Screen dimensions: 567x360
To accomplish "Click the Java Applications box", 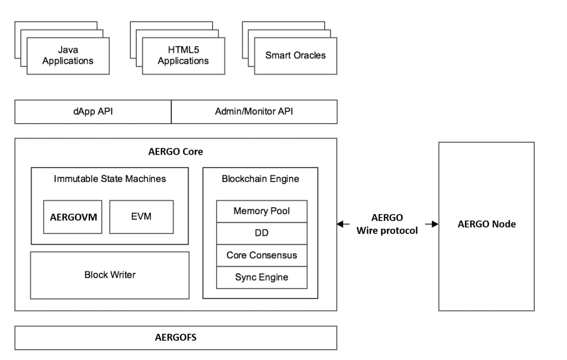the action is (x=68, y=56).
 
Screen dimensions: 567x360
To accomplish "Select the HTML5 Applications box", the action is (x=184, y=56).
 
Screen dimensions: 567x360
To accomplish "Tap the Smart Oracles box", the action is (x=296, y=56).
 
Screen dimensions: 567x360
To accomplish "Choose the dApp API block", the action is (x=93, y=112).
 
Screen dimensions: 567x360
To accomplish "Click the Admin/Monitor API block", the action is (x=254, y=112).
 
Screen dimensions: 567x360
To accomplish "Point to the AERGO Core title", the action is (x=176, y=152).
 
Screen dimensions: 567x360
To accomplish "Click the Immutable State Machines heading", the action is (x=110, y=179).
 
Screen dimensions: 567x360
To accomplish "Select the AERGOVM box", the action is (x=73, y=217).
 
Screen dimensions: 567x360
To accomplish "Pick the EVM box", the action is (x=142, y=217).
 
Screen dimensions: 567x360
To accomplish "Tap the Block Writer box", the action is (x=110, y=275).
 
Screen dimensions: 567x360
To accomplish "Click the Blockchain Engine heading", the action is (x=261, y=179).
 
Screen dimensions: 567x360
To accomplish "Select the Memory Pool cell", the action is (x=262, y=211).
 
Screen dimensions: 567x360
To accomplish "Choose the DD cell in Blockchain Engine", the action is (x=262, y=233).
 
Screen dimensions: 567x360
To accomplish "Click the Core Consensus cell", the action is (x=262, y=255).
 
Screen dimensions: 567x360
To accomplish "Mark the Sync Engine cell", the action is (x=262, y=277).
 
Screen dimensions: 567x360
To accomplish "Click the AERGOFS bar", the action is (x=176, y=337).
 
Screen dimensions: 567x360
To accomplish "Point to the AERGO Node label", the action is (x=486, y=224).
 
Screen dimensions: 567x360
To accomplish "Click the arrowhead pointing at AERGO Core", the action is (x=340, y=224).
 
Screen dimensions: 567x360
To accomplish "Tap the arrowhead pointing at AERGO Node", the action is (x=435, y=224).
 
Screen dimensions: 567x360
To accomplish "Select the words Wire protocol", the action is (x=387, y=231).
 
